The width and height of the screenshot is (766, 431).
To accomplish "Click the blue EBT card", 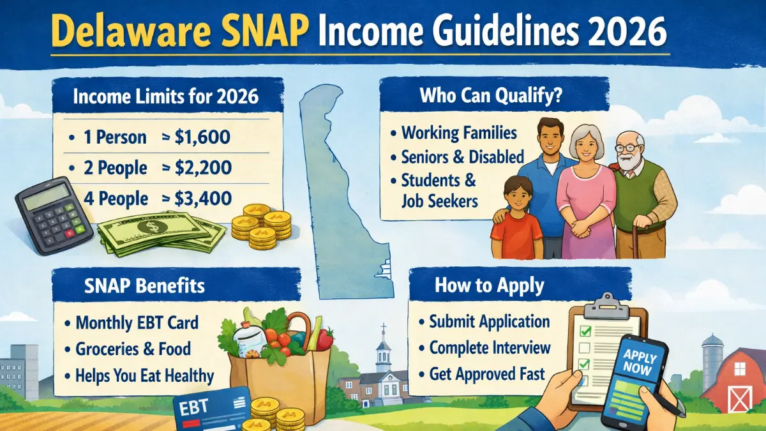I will click(x=211, y=409).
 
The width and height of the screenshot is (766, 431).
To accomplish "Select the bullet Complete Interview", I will click(x=489, y=347).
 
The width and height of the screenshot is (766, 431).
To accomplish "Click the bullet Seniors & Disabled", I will click(x=462, y=156).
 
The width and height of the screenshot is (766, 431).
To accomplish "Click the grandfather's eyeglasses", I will click(x=630, y=147).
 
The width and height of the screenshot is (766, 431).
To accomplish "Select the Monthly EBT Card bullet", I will click(x=137, y=322).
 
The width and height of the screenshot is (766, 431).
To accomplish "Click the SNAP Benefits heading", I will click(x=144, y=285).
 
